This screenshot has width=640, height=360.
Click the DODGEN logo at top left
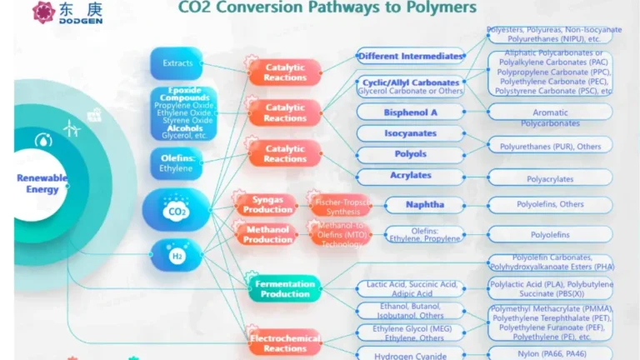[x=57, y=12]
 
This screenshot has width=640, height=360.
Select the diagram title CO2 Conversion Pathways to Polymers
[x=327, y=8]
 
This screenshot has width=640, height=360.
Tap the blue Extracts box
[x=177, y=63]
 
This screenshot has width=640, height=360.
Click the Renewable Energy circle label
[x=37, y=183]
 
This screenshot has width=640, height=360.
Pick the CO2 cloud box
[x=176, y=210]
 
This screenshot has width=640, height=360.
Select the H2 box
[x=177, y=255]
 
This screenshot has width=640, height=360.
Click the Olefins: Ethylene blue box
[x=176, y=163]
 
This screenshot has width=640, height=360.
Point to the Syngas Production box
[x=267, y=204]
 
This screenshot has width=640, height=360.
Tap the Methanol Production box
[x=267, y=234]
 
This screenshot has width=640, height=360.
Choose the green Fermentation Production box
[x=284, y=288]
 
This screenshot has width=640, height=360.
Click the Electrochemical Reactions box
[x=284, y=342]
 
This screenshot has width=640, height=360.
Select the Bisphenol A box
[x=410, y=112]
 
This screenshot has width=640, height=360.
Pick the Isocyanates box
[x=410, y=133]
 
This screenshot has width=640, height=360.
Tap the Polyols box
[x=410, y=154]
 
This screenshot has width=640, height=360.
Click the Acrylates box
[x=410, y=177]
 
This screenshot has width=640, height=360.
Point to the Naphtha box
[x=424, y=205]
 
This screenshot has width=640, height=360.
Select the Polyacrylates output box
[x=550, y=177]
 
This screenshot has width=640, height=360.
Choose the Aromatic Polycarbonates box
[x=550, y=117]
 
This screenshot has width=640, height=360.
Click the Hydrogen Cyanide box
[x=410, y=354]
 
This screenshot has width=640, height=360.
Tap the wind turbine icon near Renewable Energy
[x=71, y=127]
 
